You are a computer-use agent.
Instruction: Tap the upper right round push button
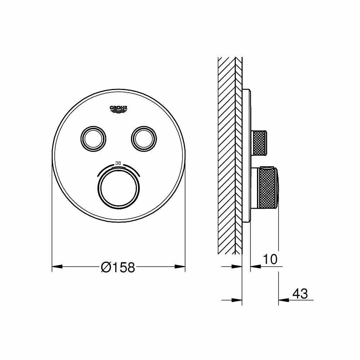click(x=144, y=137)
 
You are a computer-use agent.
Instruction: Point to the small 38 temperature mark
click(x=118, y=163)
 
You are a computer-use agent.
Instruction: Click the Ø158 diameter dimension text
click(x=118, y=267)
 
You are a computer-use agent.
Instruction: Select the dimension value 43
click(x=300, y=294)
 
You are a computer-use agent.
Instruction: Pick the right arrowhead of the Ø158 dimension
click(x=180, y=267)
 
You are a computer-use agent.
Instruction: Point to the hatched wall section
click(x=227, y=155)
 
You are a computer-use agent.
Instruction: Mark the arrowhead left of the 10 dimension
click(x=255, y=266)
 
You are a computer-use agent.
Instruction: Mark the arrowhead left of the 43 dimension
click(x=284, y=300)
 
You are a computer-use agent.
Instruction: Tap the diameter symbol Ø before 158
click(x=106, y=267)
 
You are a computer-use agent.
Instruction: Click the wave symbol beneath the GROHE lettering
click(x=119, y=112)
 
